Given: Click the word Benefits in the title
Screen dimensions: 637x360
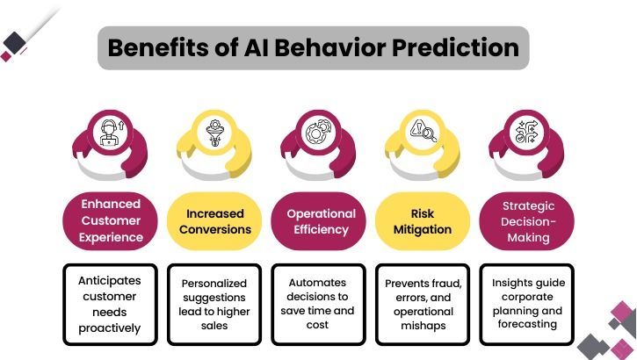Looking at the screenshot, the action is pyautogui.click(x=156, y=47).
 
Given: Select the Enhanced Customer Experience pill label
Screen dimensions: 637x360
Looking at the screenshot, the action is pyautogui.click(x=111, y=220).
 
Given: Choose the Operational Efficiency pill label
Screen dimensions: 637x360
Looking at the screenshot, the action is pyautogui.click(x=321, y=220).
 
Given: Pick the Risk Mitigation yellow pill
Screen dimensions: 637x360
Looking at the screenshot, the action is pyautogui.click(x=423, y=220).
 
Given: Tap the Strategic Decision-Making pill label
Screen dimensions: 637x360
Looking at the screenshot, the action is pyautogui.click(x=527, y=220).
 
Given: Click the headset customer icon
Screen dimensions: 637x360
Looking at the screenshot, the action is pyautogui.click(x=111, y=133).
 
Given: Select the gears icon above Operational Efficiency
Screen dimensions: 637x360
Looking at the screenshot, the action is pyautogui.click(x=317, y=134).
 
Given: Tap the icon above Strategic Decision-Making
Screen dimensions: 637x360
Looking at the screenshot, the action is pyautogui.click(x=526, y=134).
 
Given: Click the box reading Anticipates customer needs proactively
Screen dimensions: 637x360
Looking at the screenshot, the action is pyautogui.click(x=111, y=304).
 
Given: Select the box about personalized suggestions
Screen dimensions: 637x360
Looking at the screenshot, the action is pyautogui.click(x=214, y=304).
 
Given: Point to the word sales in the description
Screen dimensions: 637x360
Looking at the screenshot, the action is pyautogui.click(x=214, y=325).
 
